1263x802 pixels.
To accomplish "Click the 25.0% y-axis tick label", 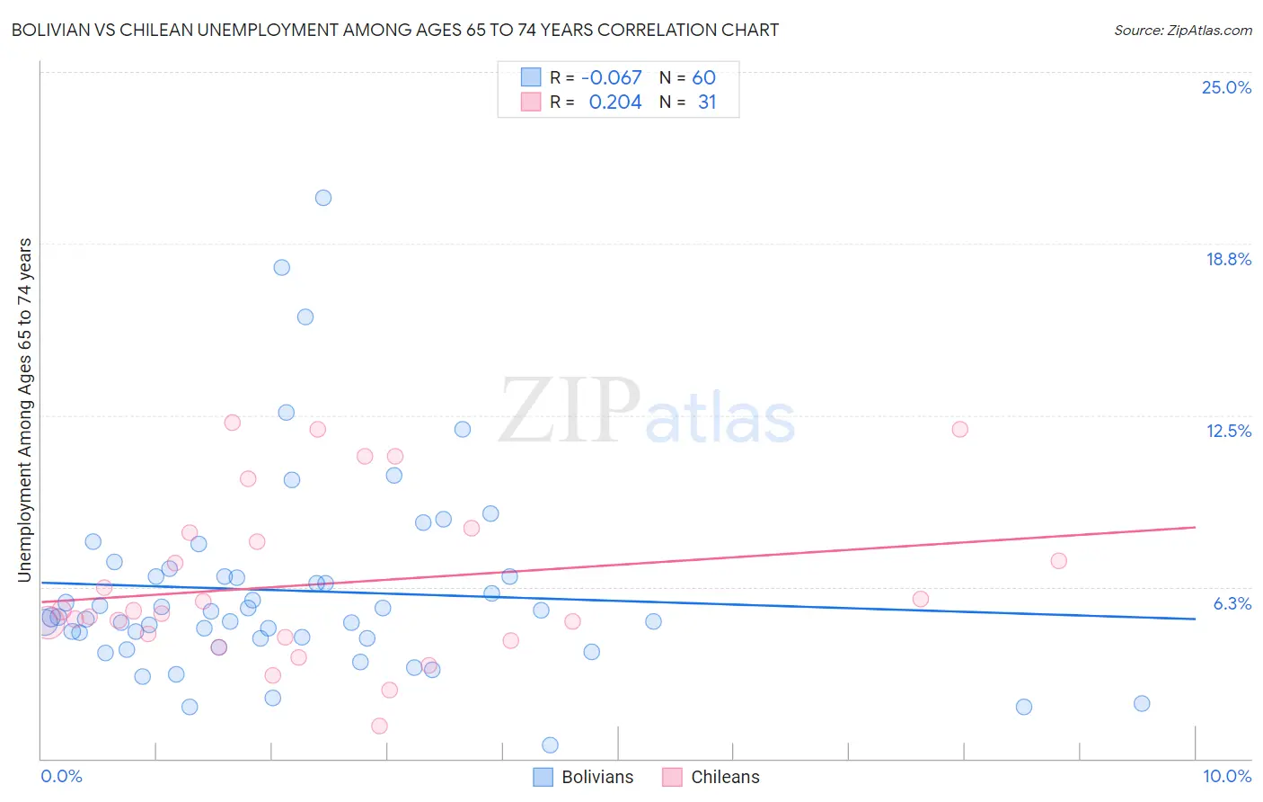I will click(1226, 87).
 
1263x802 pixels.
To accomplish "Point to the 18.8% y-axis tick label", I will click(1228, 259).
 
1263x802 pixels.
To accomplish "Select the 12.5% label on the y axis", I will click(1228, 431).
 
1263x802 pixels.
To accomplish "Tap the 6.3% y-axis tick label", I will click(1232, 603).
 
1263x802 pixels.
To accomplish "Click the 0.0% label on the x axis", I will click(61, 776).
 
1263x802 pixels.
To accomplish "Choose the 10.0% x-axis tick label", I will click(1226, 776).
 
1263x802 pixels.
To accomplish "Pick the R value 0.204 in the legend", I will click(615, 102).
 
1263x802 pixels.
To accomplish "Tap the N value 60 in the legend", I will click(703, 78).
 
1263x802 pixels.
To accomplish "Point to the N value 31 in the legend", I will click(707, 102).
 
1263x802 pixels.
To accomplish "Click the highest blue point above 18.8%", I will click(323, 198).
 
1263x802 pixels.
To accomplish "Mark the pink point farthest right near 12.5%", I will click(959, 429).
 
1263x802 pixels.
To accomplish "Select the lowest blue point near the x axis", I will click(550, 744).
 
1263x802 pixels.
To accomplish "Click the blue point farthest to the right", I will click(1142, 703).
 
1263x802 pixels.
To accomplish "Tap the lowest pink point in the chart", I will click(379, 726).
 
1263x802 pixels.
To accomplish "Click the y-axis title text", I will click(24, 409).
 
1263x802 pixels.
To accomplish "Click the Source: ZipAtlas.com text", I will click(1182, 31).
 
